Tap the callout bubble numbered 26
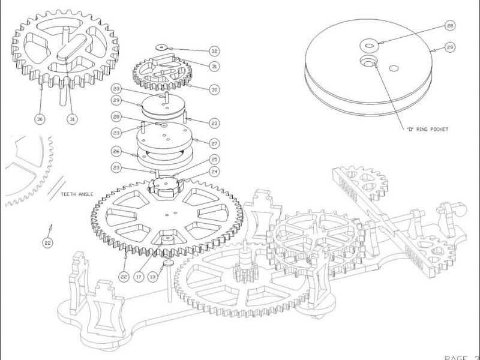pos(118,152)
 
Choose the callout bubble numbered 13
pos(152,277)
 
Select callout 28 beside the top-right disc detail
pos(450,25)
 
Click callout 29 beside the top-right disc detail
pos(450,46)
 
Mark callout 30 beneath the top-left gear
pos(40,119)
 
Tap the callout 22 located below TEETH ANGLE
pos(48,242)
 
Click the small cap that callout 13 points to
pos(167,262)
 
